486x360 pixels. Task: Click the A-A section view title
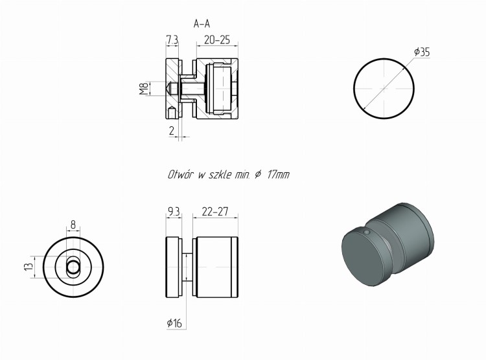[x=202, y=23]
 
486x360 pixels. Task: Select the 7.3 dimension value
[x=172, y=40]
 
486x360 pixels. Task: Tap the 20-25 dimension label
[x=217, y=40]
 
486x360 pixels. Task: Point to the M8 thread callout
[x=143, y=89]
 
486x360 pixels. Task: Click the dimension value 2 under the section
[x=172, y=131]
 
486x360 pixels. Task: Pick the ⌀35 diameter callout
[x=422, y=52]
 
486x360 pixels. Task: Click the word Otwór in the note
[x=181, y=174]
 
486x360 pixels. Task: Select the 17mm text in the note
[x=278, y=175]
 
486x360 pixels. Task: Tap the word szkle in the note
[x=220, y=174]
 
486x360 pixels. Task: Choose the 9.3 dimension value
[x=174, y=212]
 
